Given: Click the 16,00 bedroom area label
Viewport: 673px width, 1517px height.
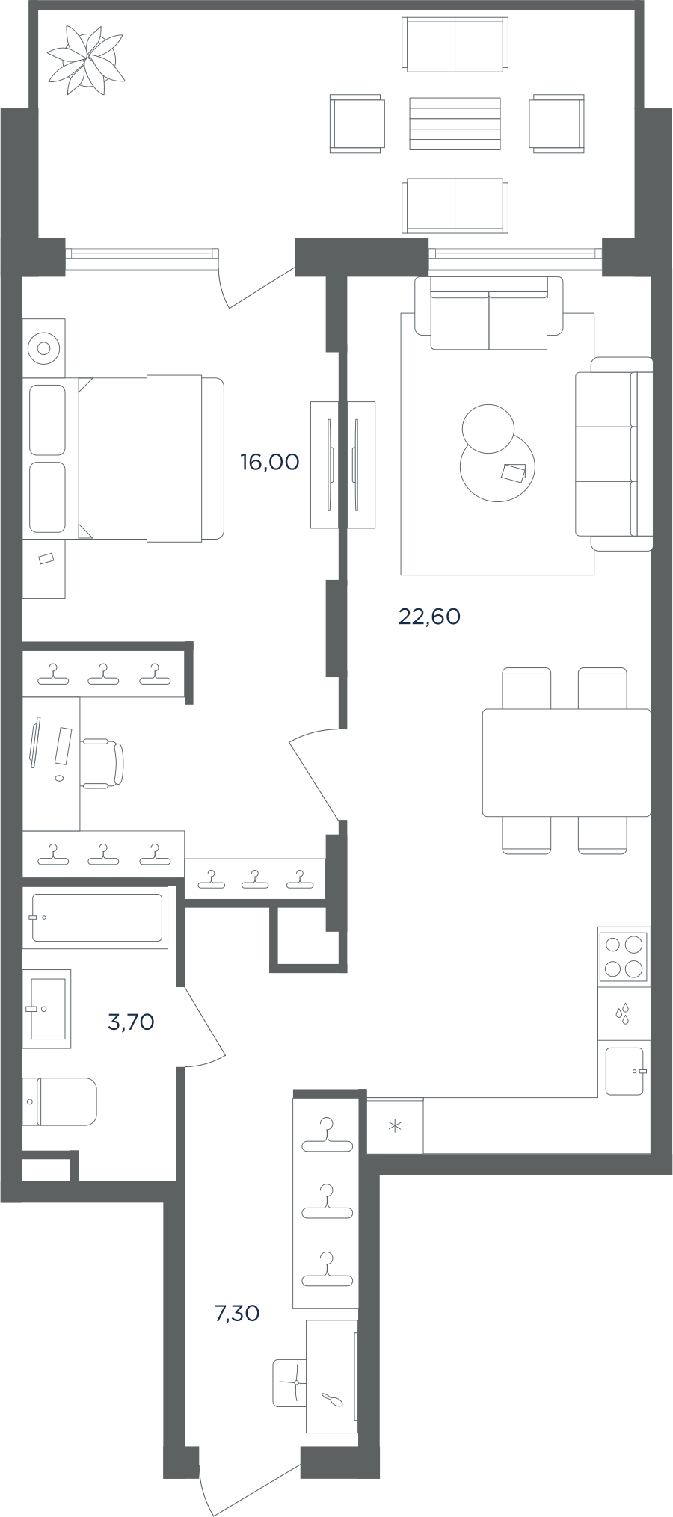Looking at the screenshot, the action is point(269,462).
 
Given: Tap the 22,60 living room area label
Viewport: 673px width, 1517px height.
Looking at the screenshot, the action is point(429,617).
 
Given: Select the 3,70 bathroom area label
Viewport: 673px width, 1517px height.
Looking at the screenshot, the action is point(131,1021).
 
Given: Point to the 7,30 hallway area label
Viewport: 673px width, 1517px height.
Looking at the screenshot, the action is point(237,1312).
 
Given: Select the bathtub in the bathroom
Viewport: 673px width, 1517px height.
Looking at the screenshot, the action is point(96,918).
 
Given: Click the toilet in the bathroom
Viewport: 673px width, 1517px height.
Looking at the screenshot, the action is point(60,1101).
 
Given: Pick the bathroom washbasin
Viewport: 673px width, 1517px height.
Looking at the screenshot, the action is point(46,1009).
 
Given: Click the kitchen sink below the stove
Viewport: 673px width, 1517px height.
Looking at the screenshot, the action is point(625,1071).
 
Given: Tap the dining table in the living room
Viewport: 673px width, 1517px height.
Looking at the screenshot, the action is point(566,762).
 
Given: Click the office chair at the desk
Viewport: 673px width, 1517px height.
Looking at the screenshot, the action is point(102,763).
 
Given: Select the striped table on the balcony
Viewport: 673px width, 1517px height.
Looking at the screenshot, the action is point(455,124).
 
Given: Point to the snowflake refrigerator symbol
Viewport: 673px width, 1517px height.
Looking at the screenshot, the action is point(395,1126).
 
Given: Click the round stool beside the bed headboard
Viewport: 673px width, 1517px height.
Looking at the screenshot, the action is point(43,348).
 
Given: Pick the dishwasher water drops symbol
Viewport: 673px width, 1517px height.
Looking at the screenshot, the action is point(623,1013).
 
